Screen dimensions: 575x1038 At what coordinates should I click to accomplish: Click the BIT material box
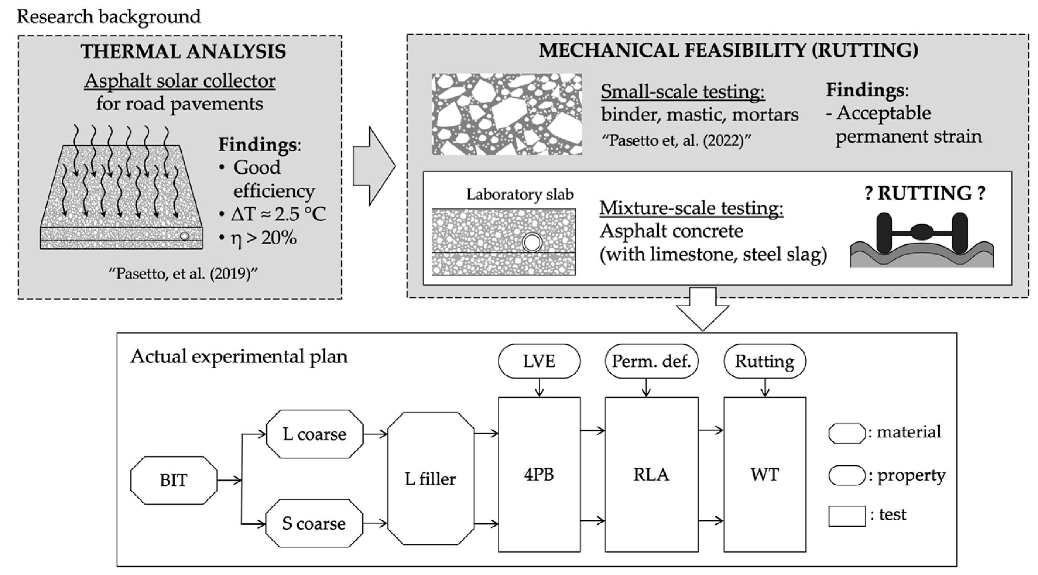(x=174, y=480)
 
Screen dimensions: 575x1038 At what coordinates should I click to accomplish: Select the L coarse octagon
(x=314, y=434)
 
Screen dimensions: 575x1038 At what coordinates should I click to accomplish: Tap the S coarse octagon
(x=314, y=523)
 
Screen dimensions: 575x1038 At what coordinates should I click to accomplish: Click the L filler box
(x=431, y=479)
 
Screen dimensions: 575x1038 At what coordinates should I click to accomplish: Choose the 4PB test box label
(x=539, y=475)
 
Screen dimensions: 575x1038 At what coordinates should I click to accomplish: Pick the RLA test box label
(x=651, y=475)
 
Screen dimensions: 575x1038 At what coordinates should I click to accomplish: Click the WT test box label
(x=764, y=475)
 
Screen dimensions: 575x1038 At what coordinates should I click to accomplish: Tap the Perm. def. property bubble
(x=651, y=361)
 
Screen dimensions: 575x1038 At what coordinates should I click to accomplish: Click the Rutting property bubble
(x=764, y=361)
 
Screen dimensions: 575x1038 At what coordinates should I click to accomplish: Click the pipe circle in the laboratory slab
(x=532, y=243)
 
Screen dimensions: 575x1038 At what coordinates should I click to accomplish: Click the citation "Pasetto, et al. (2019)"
(x=182, y=274)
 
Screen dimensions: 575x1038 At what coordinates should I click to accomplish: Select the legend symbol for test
(x=847, y=516)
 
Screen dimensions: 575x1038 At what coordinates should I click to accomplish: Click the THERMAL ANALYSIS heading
(x=184, y=52)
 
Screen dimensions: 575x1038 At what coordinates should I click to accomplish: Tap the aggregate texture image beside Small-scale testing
(x=506, y=114)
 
